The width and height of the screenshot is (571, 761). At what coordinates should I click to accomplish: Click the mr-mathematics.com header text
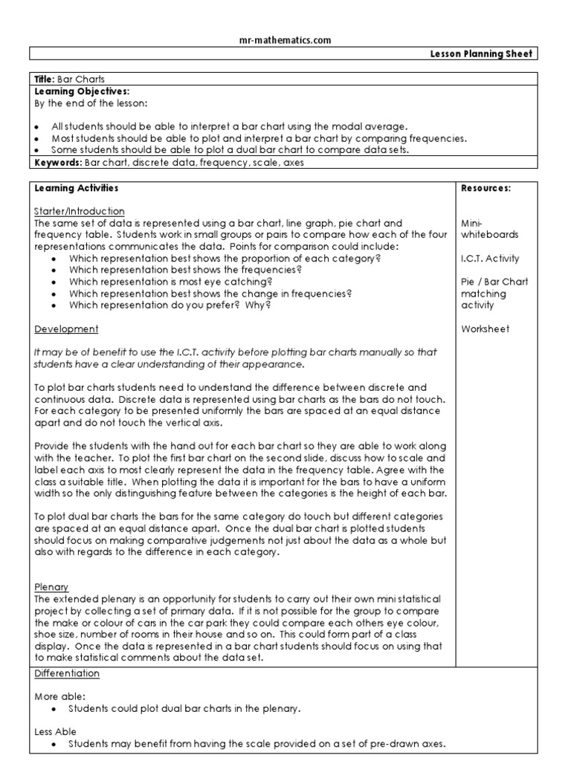[285, 40]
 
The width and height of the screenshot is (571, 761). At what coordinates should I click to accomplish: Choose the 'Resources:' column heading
[485, 189]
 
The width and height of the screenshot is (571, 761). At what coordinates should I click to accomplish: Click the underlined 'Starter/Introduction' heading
[80, 211]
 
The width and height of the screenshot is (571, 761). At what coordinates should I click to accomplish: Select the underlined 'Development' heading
[66, 328]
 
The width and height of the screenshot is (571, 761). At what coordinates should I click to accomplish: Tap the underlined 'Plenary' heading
[51, 586]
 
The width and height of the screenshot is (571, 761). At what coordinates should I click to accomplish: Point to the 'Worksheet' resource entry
[485, 328]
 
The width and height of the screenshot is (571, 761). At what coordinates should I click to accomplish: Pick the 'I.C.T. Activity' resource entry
[490, 259]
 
